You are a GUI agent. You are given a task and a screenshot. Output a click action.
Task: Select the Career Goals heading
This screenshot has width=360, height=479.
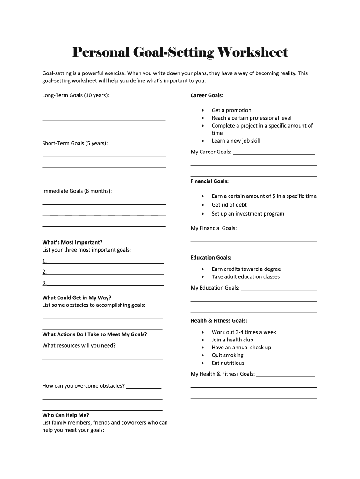[207, 95]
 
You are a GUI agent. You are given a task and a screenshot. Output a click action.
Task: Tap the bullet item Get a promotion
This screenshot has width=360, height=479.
[231, 110]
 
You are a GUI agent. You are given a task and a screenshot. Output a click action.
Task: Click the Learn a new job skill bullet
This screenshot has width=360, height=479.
[236, 141]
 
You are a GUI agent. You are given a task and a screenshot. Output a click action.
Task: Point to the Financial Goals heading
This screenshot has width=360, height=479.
[209, 181]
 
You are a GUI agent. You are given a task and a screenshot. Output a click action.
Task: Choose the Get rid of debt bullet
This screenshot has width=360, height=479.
[229, 205]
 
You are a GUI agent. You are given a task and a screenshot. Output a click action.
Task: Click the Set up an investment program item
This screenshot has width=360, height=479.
[248, 214]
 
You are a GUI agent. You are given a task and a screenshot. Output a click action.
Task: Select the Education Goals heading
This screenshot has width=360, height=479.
[211, 258]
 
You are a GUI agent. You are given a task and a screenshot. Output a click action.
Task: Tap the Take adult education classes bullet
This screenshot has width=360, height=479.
[245, 277]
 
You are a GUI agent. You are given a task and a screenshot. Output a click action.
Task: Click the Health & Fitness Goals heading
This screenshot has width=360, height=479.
[218, 321]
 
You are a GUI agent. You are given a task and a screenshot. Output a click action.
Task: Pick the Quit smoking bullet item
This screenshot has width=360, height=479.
[227, 355]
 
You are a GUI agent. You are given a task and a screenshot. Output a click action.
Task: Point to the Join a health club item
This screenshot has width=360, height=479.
[232, 340]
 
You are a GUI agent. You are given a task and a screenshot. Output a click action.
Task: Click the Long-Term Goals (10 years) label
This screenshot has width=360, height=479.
[76, 95]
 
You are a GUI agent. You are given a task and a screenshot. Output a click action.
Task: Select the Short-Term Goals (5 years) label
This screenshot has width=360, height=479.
[75, 143]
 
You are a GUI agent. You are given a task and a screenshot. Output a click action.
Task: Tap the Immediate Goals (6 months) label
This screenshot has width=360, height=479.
[77, 191]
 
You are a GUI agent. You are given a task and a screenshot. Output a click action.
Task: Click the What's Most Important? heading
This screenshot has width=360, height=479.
[72, 242]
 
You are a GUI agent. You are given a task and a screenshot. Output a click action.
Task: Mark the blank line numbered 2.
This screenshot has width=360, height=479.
[105, 272]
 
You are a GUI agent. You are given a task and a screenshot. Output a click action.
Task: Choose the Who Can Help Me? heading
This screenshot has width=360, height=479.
[65, 415]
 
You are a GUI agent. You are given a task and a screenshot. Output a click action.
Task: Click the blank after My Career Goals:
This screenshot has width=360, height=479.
[274, 152]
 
